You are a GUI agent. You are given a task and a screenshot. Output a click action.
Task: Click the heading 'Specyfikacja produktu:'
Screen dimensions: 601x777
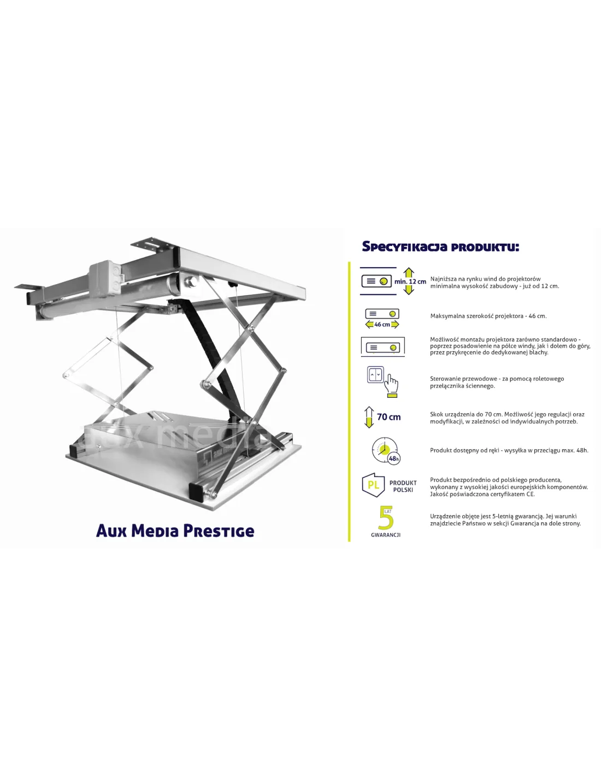[440, 247]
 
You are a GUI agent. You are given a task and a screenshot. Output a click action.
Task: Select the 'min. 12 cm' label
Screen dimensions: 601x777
[410, 281]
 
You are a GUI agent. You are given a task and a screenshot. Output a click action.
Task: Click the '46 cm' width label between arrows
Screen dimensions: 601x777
[382, 325]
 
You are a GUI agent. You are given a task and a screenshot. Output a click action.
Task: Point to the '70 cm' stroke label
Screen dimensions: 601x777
[388, 417]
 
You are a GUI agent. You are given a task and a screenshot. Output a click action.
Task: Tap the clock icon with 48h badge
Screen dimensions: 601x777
[386, 451]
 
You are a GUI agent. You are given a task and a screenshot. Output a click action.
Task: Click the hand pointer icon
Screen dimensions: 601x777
[392, 385]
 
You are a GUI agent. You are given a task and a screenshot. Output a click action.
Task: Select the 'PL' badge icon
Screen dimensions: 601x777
[373, 485]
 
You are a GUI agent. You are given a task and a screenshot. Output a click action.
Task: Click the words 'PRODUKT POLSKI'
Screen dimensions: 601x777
[403, 486]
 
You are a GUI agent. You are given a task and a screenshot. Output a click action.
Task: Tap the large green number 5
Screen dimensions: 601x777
[386, 517]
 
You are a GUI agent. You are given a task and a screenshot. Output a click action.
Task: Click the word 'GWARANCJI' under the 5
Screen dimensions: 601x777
[386, 535]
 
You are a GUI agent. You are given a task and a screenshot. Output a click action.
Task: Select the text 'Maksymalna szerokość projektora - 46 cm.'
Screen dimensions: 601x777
[488, 316]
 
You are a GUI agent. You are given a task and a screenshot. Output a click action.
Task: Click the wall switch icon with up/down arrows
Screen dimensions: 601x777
[375, 375]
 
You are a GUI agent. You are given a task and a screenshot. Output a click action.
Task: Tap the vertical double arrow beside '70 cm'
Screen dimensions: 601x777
[369, 417]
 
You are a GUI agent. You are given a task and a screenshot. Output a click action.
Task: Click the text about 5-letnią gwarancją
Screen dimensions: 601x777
[505, 520]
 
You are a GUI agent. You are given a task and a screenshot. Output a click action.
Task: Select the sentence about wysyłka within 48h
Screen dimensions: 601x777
[509, 450]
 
